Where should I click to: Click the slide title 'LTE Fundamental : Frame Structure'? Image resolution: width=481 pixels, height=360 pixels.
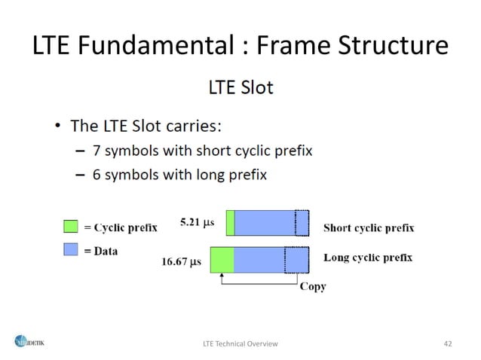[x=240, y=46]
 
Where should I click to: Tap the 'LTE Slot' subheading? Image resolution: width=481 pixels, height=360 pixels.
[x=240, y=87]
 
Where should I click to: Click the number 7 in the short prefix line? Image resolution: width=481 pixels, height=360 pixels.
[x=97, y=150]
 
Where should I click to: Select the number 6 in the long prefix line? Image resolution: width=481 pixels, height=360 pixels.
[x=97, y=175]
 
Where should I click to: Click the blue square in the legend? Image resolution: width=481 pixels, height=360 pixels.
[x=69, y=249]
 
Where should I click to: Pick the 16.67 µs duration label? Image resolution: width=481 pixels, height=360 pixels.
[x=182, y=262]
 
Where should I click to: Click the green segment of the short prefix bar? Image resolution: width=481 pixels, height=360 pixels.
[x=230, y=223]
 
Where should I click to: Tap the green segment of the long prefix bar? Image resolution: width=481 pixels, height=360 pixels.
[x=222, y=259]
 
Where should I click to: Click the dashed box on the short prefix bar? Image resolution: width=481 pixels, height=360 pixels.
[x=302, y=223]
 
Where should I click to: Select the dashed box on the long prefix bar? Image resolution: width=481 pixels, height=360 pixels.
[x=296, y=259]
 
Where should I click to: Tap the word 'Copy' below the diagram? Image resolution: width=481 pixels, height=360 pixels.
[x=313, y=287]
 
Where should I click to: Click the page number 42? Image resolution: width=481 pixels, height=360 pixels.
[x=448, y=343]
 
